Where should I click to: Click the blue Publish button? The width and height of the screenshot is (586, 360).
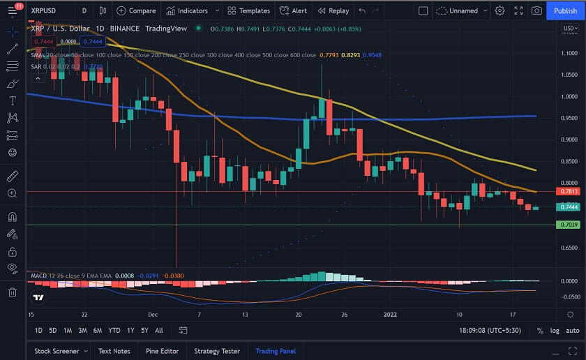565,10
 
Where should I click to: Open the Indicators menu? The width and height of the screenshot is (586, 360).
186,10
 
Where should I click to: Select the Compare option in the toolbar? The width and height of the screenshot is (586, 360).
136,10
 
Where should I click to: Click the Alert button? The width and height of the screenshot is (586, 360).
293,10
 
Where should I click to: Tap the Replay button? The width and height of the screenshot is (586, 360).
333,10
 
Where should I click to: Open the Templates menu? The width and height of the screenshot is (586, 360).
248,10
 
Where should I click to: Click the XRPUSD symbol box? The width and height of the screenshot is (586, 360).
46,10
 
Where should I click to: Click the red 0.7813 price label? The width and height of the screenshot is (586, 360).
568,191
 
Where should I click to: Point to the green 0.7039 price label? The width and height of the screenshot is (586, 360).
568,225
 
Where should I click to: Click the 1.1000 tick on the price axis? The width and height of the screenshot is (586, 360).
568,53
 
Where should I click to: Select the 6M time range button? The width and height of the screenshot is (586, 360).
98,330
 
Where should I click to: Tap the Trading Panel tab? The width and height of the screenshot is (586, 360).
276,351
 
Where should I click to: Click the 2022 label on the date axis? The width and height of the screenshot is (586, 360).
391,314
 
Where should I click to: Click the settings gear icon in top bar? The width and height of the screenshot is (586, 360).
500,10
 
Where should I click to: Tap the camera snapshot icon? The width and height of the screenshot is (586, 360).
536,10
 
